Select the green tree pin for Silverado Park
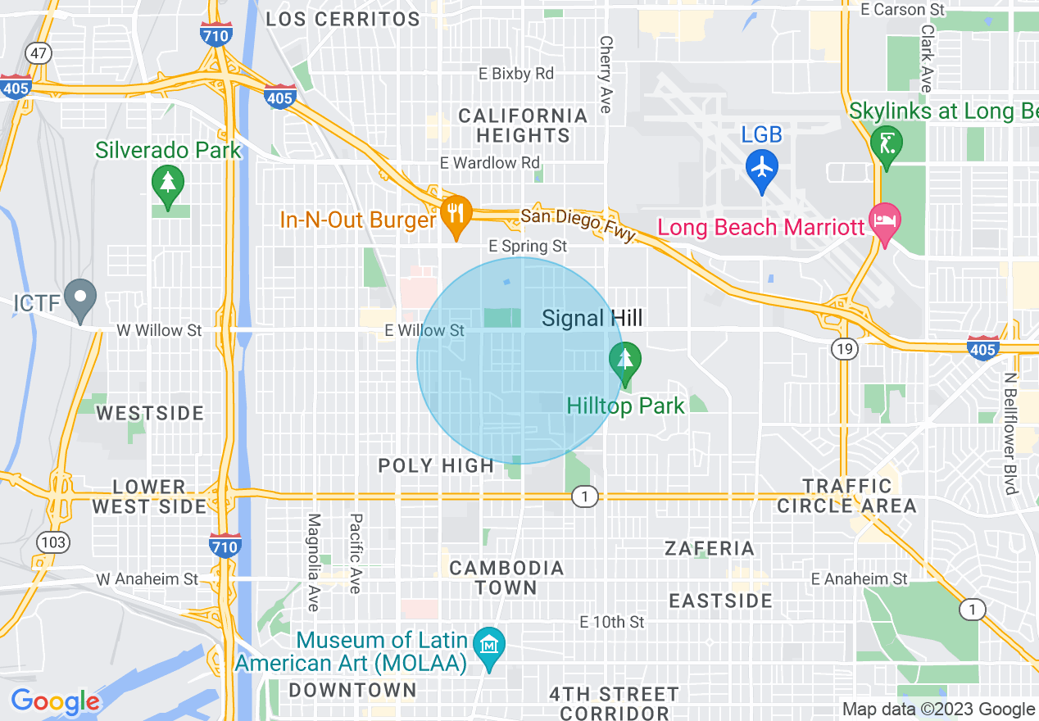coord(168,184)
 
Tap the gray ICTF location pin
coord(80,297)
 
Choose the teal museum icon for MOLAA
coord(489,646)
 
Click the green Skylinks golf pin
coord(886,143)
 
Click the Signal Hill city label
coord(592,319)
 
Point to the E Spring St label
coord(528,246)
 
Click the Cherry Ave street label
coord(606,74)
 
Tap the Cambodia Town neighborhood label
coord(506,578)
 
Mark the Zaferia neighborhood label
coord(710,548)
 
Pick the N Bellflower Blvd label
coord(1010,434)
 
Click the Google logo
coord(55,701)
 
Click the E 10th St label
coord(611,623)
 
